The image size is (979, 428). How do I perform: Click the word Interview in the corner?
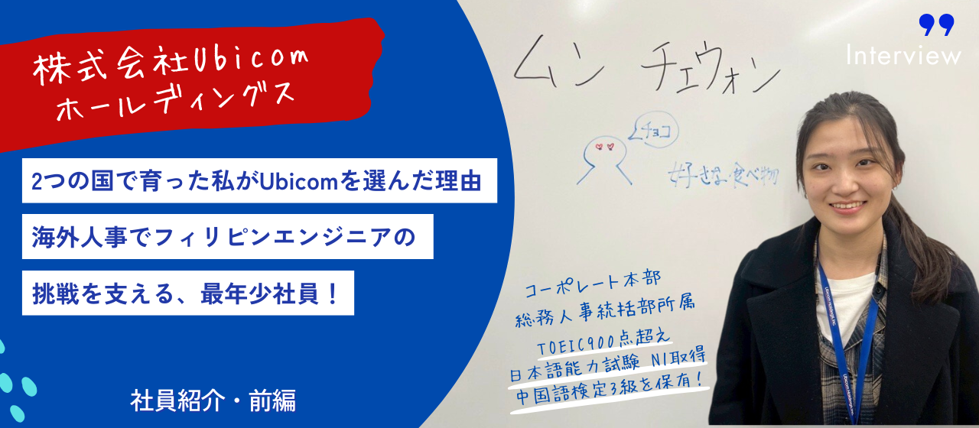point(903,55)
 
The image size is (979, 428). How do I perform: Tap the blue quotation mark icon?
point(936,25)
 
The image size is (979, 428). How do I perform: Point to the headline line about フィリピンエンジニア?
point(228,236)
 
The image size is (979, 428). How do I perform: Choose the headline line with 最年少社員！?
point(187,292)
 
